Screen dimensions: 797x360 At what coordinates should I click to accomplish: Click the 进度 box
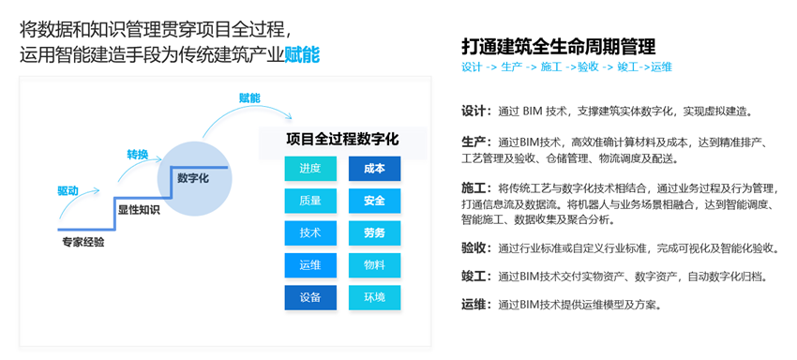pos(310,169)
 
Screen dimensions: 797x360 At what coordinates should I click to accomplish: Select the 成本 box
pos(375,169)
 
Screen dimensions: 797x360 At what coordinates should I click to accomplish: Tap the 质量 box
pos(310,201)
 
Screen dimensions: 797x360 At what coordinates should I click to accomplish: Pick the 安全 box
pos(375,201)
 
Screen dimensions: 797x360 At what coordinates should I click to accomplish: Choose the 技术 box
pos(310,232)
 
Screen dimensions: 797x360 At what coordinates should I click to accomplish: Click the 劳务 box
pos(375,232)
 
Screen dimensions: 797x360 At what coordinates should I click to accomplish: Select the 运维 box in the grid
pos(310,265)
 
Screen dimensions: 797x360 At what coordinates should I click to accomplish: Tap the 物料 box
pos(375,265)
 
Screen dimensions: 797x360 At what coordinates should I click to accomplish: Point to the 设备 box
pos(310,297)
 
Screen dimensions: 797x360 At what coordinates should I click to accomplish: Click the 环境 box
pos(375,297)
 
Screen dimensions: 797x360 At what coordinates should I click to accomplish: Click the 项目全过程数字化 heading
pos(342,139)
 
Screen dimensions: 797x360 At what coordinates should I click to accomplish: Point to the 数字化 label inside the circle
pos(192,178)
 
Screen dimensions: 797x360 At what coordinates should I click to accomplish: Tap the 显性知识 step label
pos(139,209)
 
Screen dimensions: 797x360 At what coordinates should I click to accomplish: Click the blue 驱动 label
pos(68,190)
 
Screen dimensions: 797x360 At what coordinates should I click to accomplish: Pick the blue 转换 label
pos(137,155)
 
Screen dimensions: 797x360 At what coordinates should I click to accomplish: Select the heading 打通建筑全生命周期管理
pos(559,46)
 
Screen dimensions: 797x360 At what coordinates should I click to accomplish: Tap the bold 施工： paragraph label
pos(476,189)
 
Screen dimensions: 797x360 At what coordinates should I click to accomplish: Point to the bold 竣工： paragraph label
pos(476,277)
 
